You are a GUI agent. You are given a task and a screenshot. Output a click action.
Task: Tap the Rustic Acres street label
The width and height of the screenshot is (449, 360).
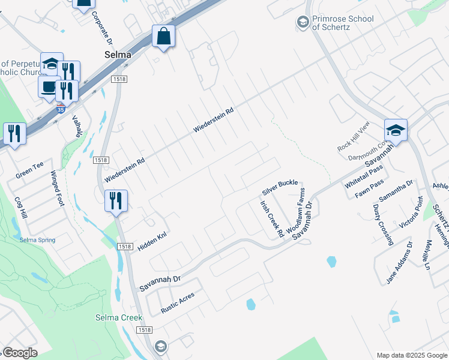pyautogui.click(x=178, y=303)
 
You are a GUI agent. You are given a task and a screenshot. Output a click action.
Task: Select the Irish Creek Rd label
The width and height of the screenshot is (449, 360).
pyautogui.click(x=271, y=220)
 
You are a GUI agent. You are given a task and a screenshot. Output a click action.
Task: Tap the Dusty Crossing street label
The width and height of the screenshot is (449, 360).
pyautogui.click(x=383, y=224)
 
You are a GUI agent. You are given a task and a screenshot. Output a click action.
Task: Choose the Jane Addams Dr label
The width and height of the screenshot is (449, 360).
pyautogui.click(x=400, y=262)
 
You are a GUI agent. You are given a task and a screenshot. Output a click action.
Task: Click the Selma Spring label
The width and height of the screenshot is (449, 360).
pyautogui.click(x=37, y=240)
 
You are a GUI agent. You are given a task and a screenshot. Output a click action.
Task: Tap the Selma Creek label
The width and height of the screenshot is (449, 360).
pyautogui.click(x=119, y=317)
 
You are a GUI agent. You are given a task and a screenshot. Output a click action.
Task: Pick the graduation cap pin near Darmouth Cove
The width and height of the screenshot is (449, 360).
pyautogui.click(x=396, y=130)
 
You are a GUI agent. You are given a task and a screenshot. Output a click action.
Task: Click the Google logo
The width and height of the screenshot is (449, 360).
pyautogui.click(x=20, y=353)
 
